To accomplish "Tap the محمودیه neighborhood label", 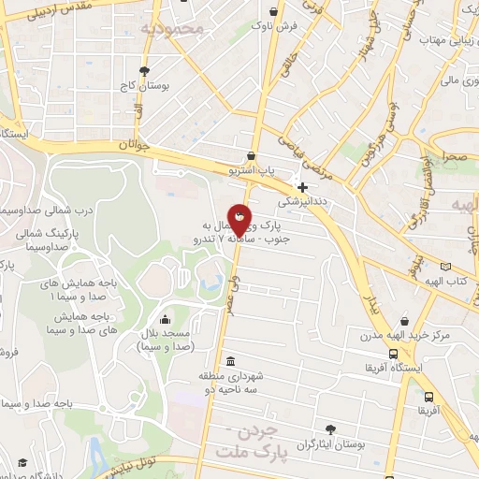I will [x=170, y=28].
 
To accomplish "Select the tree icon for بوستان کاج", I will [x=144, y=70].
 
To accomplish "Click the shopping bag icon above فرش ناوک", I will [x=272, y=12].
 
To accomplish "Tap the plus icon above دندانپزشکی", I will [x=302, y=186].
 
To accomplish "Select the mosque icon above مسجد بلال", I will [x=165, y=318].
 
